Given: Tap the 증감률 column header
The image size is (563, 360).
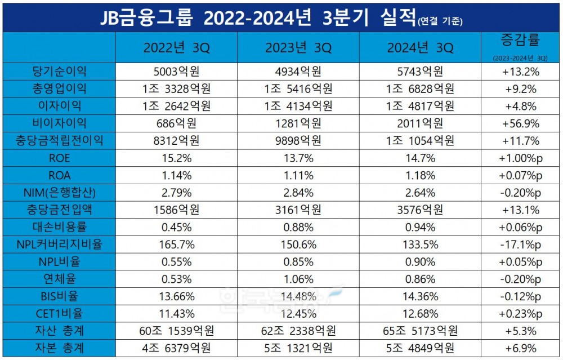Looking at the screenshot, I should point(519,41).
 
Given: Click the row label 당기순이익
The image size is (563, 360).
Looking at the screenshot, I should point(60,72).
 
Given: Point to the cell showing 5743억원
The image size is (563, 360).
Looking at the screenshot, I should point(419,72).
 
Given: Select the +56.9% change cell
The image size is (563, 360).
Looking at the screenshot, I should point(519,123).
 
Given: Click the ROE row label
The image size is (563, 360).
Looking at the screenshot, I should point(60,158).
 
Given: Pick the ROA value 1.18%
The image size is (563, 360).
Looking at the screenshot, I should point(419,176).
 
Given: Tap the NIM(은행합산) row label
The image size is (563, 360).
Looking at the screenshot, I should point(60,193).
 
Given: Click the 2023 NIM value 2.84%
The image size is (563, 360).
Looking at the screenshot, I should point(298,193).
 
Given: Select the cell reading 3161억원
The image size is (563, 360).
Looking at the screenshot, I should point(298,210).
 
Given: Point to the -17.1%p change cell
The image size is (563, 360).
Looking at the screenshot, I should point(519,245).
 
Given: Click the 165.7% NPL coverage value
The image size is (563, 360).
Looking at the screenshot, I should point(176,245).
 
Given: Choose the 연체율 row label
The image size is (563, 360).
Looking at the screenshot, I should point(60,279).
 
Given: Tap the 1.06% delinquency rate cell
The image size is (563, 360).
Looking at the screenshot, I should point(298,279).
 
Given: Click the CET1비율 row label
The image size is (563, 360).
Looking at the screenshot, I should point(60,314).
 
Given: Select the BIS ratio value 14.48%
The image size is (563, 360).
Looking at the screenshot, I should point(298,297).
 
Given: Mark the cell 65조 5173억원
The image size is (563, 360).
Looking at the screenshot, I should point(419,331).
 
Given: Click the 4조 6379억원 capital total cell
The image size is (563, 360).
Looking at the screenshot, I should point(176,348).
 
